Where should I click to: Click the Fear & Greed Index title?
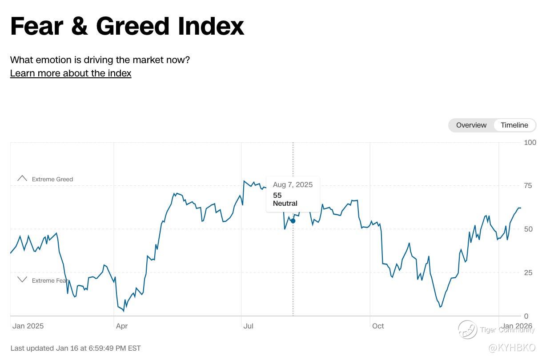click(127, 26)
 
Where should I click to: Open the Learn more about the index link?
click(71, 73)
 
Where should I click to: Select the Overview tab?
click(471, 125)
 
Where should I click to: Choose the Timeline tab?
click(514, 125)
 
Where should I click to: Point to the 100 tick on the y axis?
click(530, 142)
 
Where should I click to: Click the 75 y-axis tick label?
click(528, 186)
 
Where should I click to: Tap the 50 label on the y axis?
click(528, 229)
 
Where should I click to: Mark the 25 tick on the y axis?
click(528, 272)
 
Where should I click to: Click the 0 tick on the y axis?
click(526, 316)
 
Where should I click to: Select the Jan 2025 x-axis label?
click(28, 326)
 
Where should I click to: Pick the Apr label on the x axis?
click(121, 326)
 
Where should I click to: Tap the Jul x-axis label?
click(248, 326)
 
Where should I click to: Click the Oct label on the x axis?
click(378, 326)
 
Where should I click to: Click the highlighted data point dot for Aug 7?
click(293, 221)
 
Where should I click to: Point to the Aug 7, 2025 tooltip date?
click(293, 184)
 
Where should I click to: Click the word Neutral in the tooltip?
click(285, 204)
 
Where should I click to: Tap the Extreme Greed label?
click(52, 179)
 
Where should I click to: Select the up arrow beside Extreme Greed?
click(22, 178)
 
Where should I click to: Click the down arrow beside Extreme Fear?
click(22, 280)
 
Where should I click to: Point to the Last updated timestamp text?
click(75, 348)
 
